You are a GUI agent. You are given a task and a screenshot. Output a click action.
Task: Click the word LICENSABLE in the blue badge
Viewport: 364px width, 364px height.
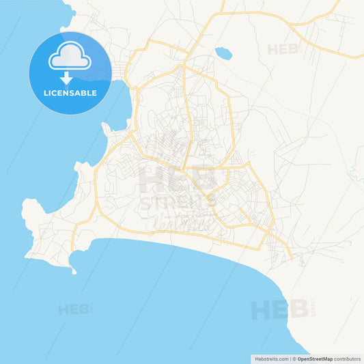point(70,92)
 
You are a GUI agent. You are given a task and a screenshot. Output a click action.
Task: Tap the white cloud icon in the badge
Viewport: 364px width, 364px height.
point(70,59)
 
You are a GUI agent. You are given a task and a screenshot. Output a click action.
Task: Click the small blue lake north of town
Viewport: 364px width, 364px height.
point(223,52)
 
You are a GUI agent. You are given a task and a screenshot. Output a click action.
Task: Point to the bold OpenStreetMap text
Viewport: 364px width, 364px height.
point(315,358)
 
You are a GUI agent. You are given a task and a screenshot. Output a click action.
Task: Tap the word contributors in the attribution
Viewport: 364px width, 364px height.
point(347,358)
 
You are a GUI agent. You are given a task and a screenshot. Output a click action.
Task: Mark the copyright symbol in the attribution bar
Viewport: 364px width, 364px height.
point(294,358)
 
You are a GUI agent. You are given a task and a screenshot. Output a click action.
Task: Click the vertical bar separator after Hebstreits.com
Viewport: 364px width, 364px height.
point(290,358)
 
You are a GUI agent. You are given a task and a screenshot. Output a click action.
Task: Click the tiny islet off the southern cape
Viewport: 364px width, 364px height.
point(74,272)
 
